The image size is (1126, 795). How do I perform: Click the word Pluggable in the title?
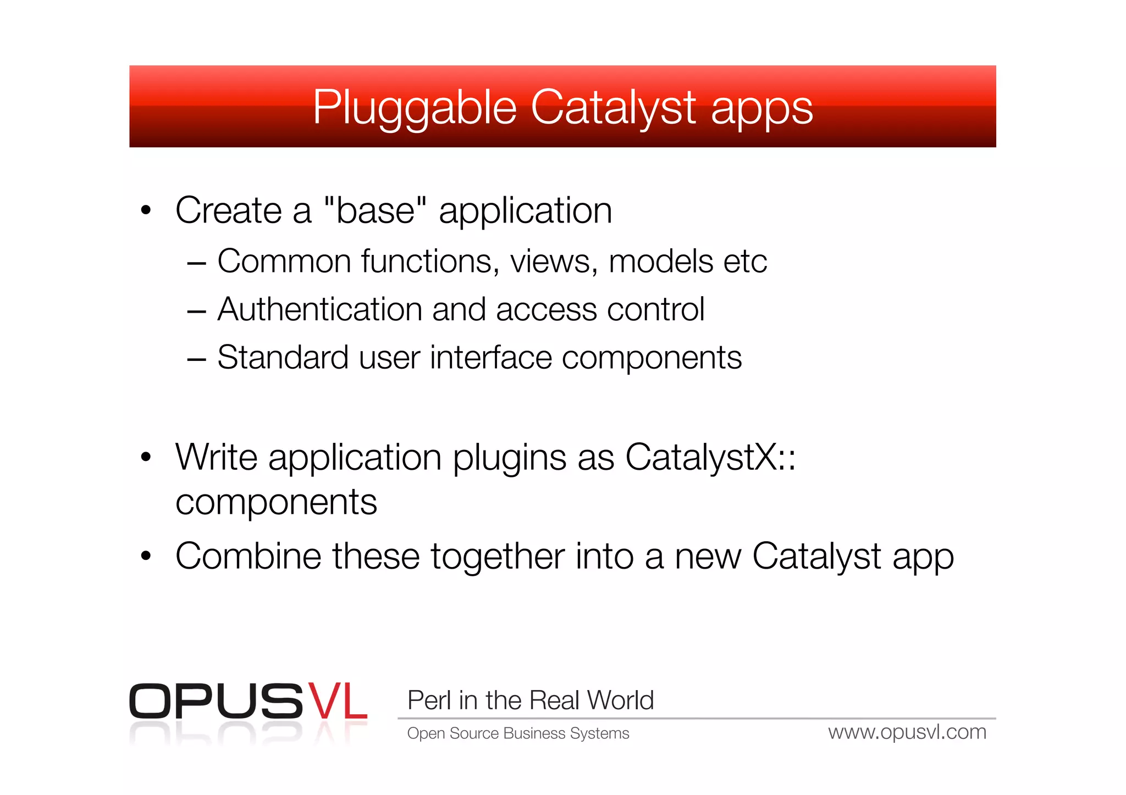[415, 108]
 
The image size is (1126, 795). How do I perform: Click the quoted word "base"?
[376, 210]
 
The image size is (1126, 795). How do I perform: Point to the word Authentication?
[319, 309]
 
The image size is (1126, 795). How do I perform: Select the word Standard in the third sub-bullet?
[283, 358]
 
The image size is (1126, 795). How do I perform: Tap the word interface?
[491, 358]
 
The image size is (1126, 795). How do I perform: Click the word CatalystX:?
[710, 457]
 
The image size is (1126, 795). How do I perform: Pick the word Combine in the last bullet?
[248, 557]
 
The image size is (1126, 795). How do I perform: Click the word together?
[497, 557]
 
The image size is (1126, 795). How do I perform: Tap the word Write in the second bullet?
[216, 457]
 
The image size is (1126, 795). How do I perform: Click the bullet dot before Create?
[146, 210]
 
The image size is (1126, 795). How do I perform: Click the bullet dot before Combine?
[146, 556]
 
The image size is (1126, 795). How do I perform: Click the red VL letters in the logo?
[337, 701]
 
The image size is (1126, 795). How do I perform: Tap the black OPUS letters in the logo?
[216, 701]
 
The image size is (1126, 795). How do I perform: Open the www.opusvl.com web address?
[907, 732]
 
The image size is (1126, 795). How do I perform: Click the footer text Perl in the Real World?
[531, 701]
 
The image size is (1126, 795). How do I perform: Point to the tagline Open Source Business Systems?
[518, 733]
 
